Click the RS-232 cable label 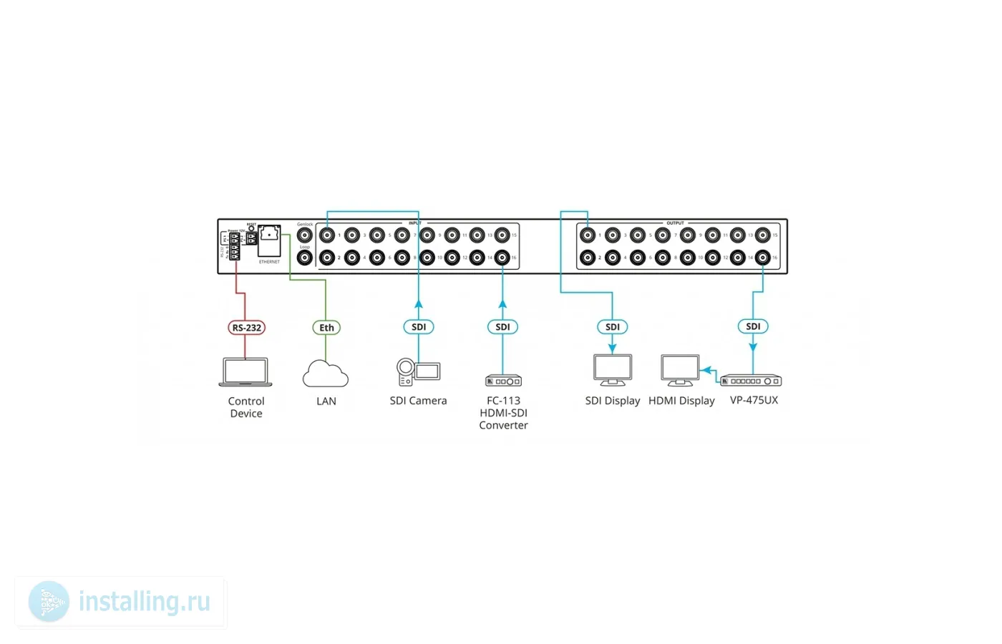tap(246, 328)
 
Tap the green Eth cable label tap(326, 328)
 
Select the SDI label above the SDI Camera tap(419, 327)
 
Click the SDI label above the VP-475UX tap(753, 326)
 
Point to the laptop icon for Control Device tap(245, 372)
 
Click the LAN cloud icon tap(326, 374)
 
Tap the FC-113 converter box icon tap(503, 381)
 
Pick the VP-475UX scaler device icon tap(751, 381)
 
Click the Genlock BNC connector tap(305, 235)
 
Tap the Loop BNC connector tap(305, 258)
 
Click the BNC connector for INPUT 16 tap(502, 258)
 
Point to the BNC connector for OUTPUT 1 tap(588, 235)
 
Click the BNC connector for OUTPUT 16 tap(763, 258)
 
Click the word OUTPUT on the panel tap(675, 223)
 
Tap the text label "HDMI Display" tap(681, 401)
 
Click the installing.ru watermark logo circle tap(49, 601)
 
